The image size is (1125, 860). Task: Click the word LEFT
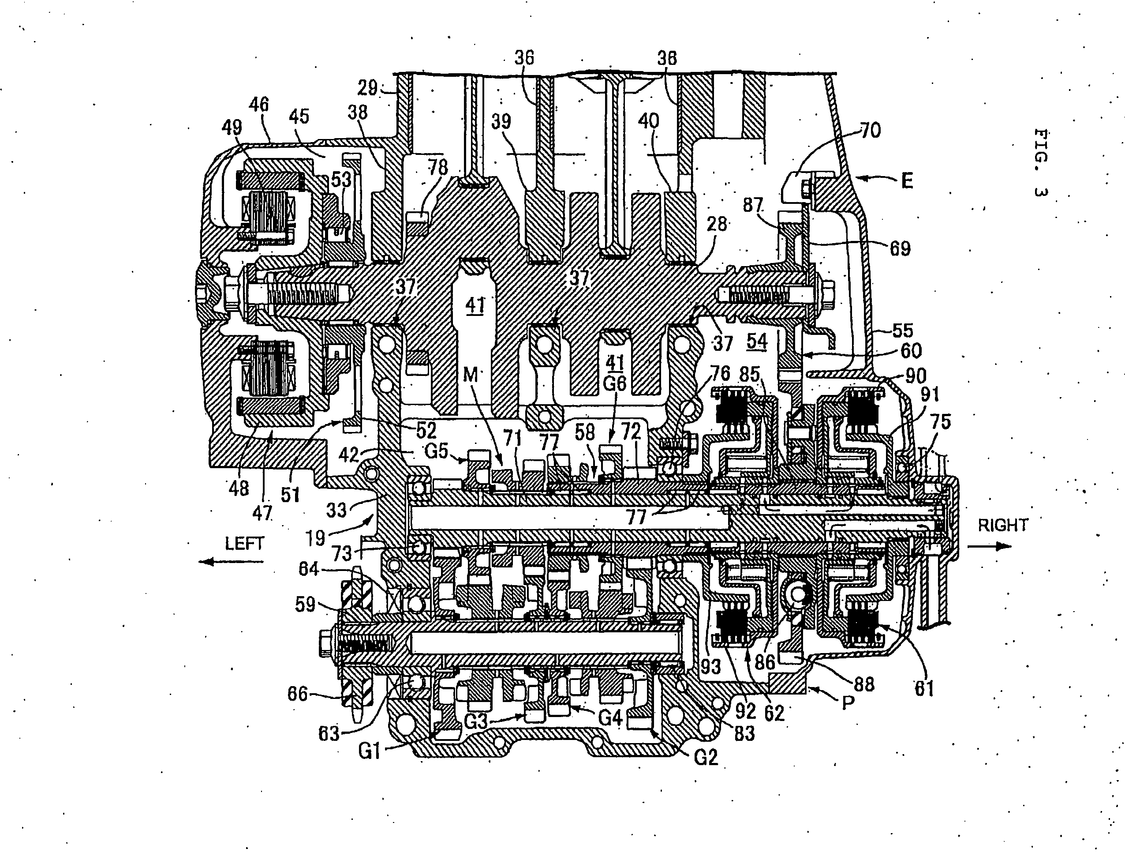click(244, 543)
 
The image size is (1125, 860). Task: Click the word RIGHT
click(1003, 525)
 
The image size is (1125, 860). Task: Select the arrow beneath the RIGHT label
click(990, 546)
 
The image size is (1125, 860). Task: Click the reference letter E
click(907, 181)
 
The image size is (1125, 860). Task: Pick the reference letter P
click(848, 703)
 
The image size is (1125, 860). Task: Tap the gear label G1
click(370, 751)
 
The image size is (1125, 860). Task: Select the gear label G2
click(706, 757)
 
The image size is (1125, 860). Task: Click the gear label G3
click(476, 722)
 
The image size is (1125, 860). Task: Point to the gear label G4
click(610, 717)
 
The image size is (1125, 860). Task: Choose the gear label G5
click(437, 452)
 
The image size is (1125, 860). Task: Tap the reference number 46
click(259, 105)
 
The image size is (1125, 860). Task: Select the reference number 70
click(870, 131)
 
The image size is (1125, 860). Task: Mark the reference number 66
click(298, 694)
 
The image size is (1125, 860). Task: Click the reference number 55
click(902, 330)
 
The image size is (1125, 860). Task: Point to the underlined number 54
click(757, 342)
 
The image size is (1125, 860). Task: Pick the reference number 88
click(864, 684)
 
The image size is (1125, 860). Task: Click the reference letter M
click(470, 375)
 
